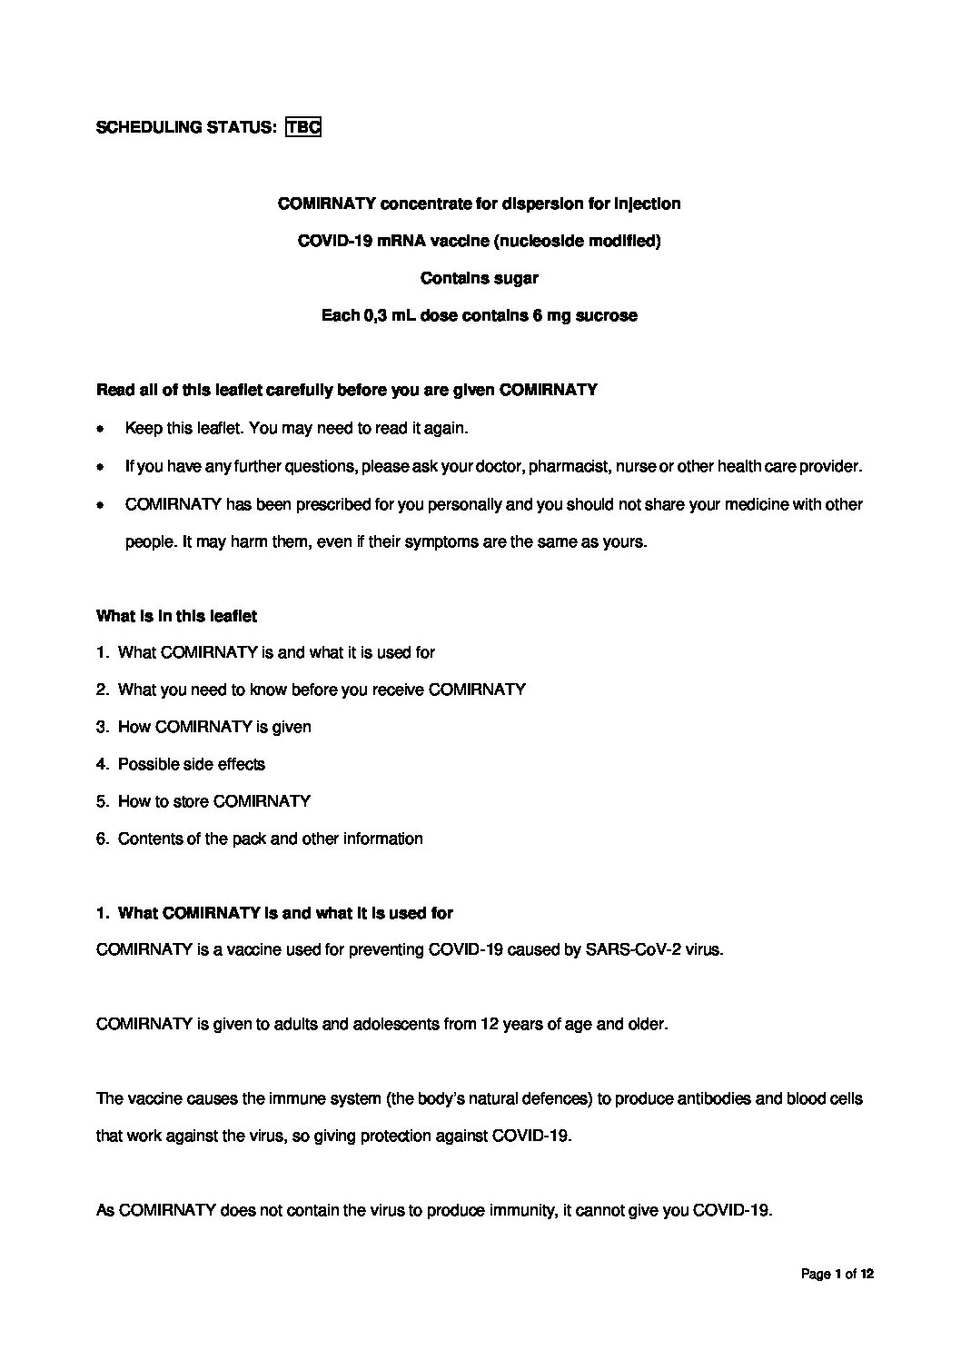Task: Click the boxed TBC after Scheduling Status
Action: tap(303, 127)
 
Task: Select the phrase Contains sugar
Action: tap(480, 279)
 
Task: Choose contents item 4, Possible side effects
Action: tap(191, 764)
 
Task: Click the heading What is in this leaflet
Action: tap(176, 616)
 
